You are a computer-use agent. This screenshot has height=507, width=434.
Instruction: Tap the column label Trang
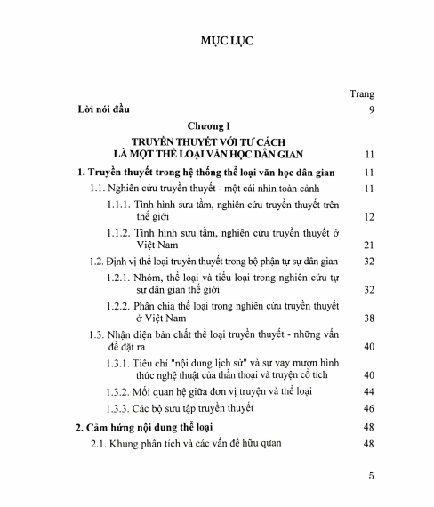click(x=362, y=93)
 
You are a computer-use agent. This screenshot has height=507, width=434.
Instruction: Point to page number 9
click(x=371, y=109)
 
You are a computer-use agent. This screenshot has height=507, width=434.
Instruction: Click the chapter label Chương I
click(x=216, y=125)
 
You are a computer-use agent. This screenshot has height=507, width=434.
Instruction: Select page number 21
click(x=368, y=245)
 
